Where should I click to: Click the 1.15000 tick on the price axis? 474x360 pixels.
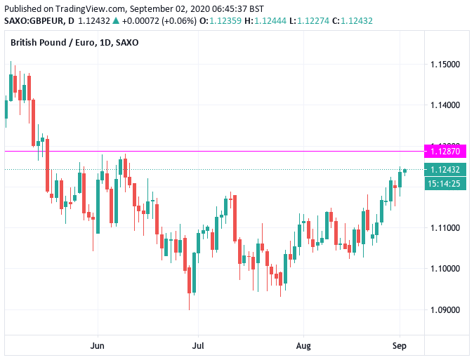[445, 65]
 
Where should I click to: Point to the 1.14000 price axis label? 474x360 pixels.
[445, 105]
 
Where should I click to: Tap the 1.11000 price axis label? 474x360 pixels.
[445, 228]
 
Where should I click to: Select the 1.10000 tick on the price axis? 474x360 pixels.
[445, 269]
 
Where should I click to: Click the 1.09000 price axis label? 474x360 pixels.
[445, 309]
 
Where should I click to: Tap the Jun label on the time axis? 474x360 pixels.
[98, 345]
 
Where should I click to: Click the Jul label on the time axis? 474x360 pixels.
[198, 345]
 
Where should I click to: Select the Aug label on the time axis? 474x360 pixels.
[303, 345]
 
